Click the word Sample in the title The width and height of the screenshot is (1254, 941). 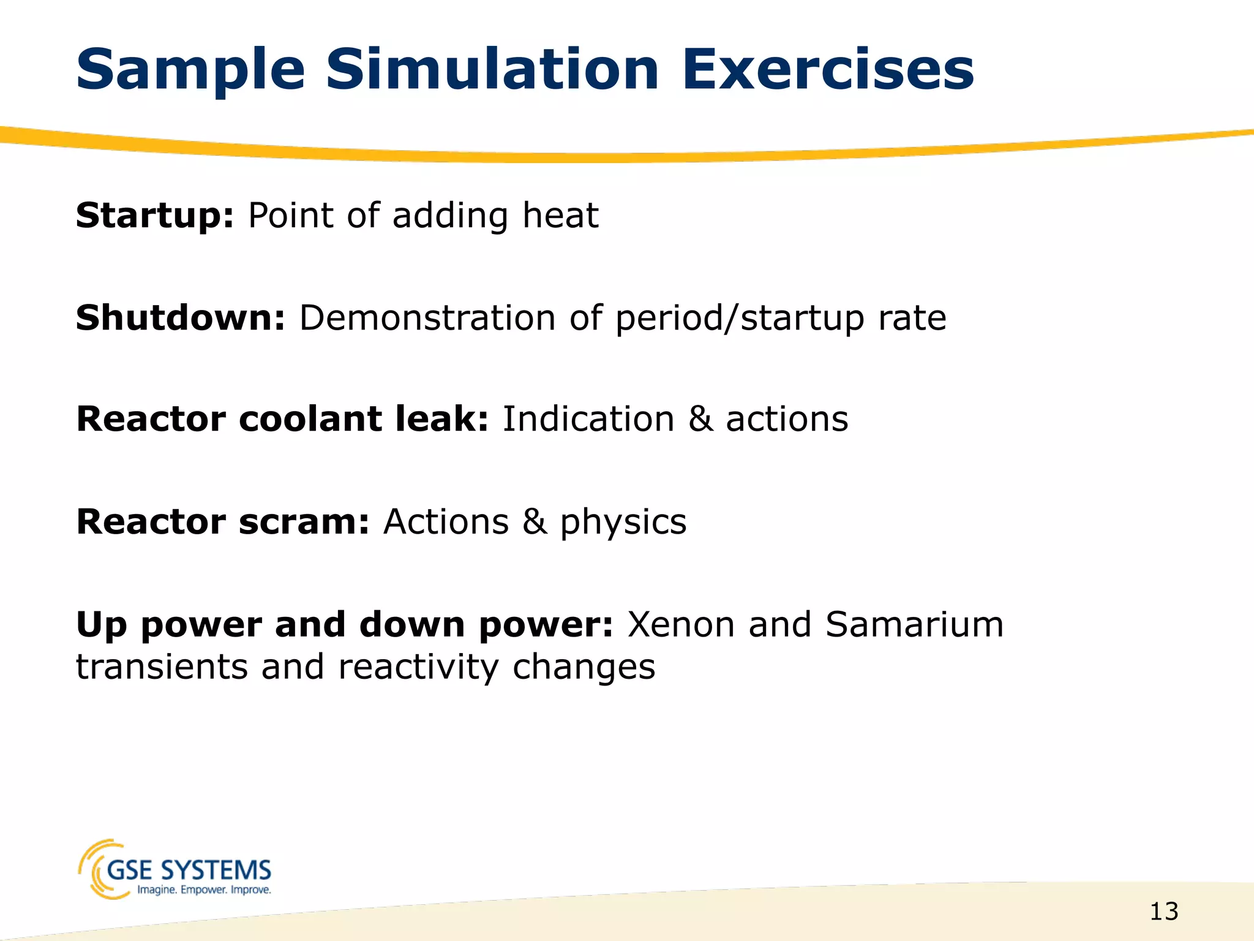pyautogui.click(x=190, y=70)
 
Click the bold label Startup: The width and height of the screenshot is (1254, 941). pyautogui.click(x=155, y=216)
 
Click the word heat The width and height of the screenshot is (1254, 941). pyautogui.click(x=560, y=216)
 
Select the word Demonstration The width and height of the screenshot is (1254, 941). pyautogui.click(x=427, y=318)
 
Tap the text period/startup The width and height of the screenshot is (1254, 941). pyautogui.click(x=740, y=319)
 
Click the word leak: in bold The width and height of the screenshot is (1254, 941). pyautogui.click(x=441, y=419)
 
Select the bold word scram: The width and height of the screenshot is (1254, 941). pyautogui.click(x=304, y=522)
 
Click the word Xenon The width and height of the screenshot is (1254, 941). pyautogui.click(x=681, y=624)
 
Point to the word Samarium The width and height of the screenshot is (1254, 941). pyautogui.click(x=914, y=624)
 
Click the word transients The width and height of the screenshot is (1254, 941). pyautogui.click(x=162, y=667)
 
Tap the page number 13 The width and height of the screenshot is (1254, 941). pyautogui.click(x=1163, y=912)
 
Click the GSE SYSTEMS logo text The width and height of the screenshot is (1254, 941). pyautogui.click(x=189, y=869)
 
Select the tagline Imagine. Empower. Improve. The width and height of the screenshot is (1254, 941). pyautogui.click(x=203, y=890)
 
